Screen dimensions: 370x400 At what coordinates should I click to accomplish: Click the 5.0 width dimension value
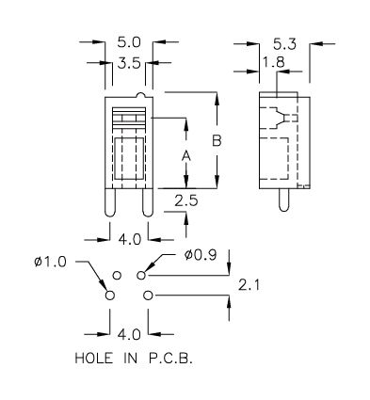(129, 42)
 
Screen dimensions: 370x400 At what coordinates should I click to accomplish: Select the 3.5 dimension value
(129, 64)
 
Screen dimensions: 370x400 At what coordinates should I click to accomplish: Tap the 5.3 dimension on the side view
(284, 44)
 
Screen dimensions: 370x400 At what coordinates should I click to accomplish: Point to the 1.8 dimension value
(274, 62)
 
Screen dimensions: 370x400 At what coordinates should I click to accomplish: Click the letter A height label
(186, 156)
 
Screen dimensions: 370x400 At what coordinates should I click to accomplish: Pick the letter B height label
(217, 140)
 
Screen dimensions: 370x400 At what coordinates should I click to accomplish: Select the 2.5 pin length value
(186, 200)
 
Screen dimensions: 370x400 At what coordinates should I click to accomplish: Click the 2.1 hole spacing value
(249, 285)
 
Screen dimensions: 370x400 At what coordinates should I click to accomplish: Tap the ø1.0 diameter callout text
(51, 262)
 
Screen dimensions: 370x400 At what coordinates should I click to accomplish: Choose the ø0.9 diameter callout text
(201, 255)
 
